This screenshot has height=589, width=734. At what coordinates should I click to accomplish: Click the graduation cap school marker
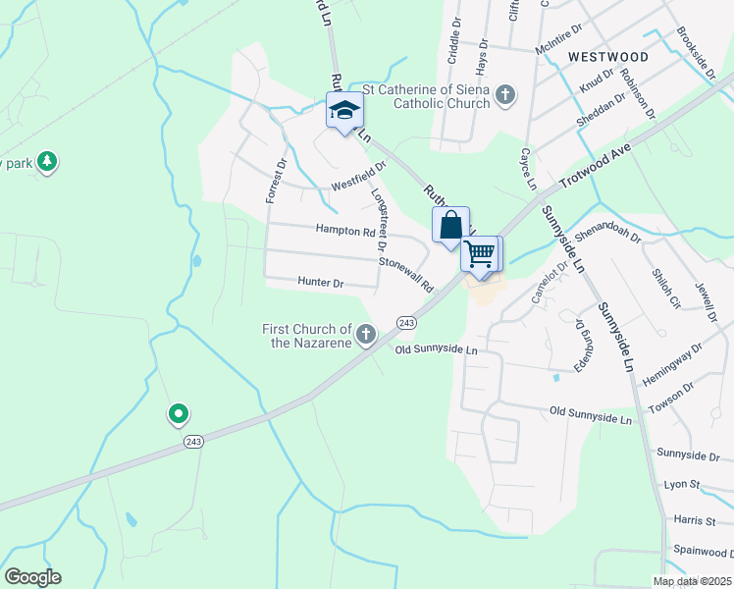344,110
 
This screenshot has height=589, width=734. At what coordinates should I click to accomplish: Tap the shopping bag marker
450,225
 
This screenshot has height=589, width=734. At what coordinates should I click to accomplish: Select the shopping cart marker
480,254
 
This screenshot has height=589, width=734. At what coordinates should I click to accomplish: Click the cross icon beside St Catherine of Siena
505,95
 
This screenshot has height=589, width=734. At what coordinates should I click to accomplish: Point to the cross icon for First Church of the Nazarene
366,336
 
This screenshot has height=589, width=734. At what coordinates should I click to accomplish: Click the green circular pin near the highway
178,415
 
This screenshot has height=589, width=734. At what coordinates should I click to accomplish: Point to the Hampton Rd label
345,232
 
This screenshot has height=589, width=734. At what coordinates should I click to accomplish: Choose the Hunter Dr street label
320,283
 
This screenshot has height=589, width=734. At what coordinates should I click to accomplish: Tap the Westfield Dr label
358,177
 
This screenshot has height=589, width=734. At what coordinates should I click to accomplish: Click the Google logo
32,577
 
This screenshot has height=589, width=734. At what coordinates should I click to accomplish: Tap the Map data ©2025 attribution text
692,581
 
